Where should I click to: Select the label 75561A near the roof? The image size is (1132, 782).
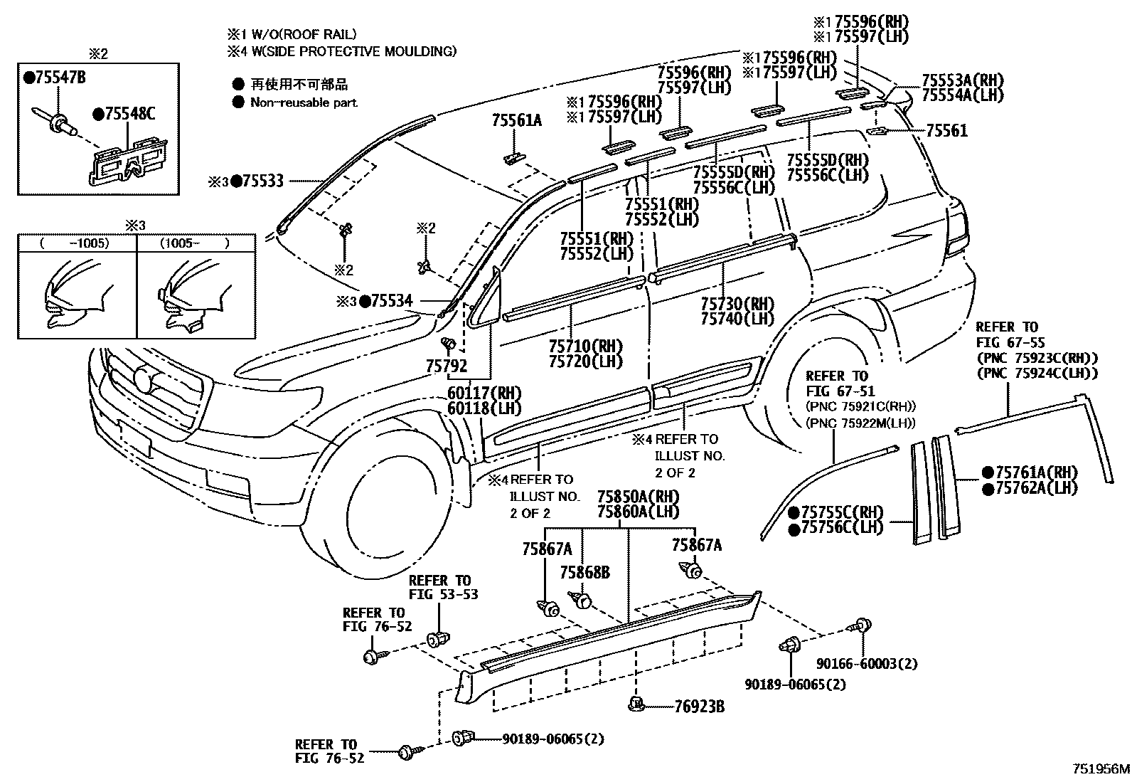pos(516,121)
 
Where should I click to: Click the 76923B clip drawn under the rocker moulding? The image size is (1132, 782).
pos(636,705)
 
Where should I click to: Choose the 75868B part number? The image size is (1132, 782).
pos(584,572)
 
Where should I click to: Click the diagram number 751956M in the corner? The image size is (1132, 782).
pos(1101,769)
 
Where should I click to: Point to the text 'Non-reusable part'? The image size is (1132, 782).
pos(304,102)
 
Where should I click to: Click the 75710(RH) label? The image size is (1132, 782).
pos(585,347)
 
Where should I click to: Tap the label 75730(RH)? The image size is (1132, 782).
pos(737,303)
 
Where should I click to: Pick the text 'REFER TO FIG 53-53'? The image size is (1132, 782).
pos(443,587)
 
